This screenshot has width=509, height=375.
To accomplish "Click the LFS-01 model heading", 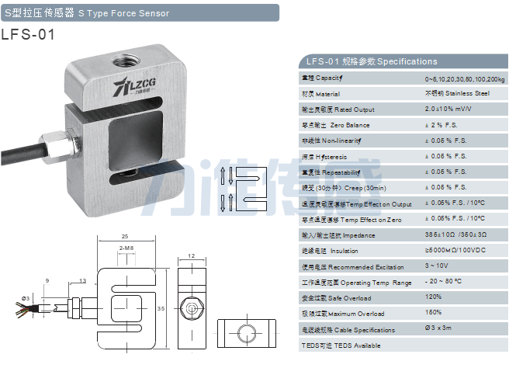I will click(29, 34).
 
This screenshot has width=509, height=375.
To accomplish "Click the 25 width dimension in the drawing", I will click(125, 237).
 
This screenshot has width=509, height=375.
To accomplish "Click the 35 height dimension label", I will click(161, 308).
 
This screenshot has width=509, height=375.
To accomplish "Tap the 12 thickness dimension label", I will click(191, 256).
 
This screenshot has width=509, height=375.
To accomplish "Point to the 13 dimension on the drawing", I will click(82, 280).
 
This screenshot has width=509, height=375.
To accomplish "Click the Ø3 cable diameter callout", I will click(26, 297).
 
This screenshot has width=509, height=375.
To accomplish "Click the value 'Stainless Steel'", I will click(457, 93).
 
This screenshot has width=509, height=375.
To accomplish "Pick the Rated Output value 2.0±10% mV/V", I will click(448, 109).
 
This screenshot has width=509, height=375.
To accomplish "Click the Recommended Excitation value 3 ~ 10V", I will click(437, 266).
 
